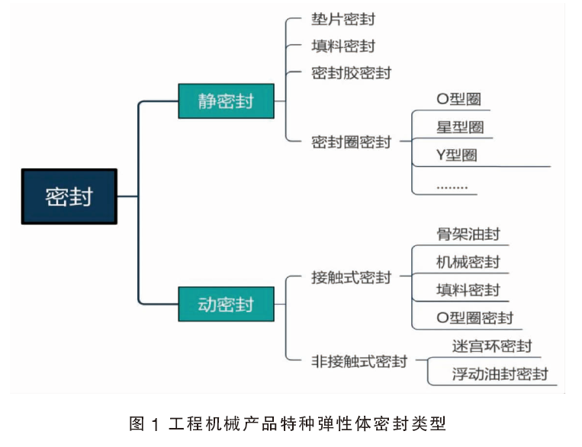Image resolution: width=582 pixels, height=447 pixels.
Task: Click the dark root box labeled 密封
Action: (x=69, y=196)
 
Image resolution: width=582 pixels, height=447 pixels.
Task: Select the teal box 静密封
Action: (x=226, y=101)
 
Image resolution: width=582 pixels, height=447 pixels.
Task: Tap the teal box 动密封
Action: (x=226, y=304)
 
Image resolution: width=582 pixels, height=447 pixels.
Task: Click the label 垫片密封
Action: (x=343, y=19)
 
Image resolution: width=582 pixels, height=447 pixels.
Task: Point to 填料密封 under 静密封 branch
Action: (x=343, y=46)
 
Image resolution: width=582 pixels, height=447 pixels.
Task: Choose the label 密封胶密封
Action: (x=351, y=73)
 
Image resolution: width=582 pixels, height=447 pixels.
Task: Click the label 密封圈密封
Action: (x=351, y=142)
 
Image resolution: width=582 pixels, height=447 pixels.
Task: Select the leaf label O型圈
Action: (x=459, y=99)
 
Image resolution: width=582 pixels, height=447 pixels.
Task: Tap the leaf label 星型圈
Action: (x=460, y=127)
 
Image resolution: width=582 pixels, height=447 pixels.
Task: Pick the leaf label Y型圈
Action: (x=457, y=155)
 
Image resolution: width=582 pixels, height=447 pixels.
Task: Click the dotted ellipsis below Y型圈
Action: (x=452, y=187)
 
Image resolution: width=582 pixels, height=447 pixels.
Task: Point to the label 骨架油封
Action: (x=468, y=234)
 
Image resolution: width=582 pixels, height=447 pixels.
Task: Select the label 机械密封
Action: (x=468, y=262)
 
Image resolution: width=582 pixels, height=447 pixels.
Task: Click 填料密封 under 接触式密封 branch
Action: (x=468, y=290)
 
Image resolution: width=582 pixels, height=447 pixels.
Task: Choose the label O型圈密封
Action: (x=475, y=318)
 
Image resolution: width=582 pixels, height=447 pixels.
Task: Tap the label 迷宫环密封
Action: (x=492, y=346)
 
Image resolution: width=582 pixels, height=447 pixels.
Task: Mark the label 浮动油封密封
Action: (x=500, y=374)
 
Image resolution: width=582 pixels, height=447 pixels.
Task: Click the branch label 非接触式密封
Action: (x=359, y=361)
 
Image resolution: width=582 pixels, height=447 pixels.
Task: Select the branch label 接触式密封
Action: (x=351, y=277)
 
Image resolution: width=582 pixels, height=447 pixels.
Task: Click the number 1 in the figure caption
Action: (x=155, y=424)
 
